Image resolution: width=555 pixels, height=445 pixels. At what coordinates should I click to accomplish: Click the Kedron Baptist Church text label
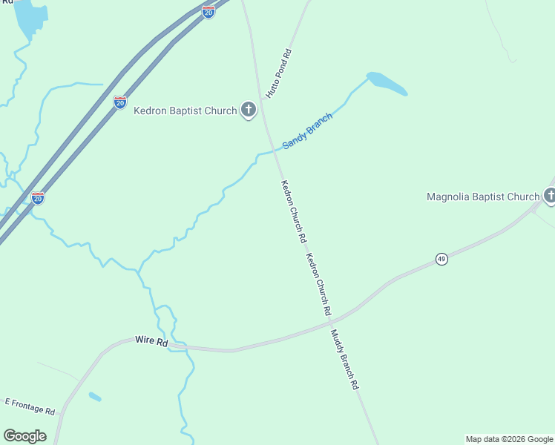tap(185, 111)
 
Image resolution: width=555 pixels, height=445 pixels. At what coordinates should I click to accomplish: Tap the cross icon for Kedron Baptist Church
tap(249, 111)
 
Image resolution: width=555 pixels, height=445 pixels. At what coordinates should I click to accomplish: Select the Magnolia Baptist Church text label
tap(483, 197)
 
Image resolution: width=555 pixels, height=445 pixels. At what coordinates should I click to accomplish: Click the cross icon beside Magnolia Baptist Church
tap(550, 196)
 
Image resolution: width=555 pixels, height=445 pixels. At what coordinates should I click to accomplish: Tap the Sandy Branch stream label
tap(307, 131)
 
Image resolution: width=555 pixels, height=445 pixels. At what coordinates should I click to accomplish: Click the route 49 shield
tap(441, 259)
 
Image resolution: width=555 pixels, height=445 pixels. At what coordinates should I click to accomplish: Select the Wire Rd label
tap(152, 341)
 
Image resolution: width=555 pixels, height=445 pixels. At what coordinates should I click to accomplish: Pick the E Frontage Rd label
tap(30, 406)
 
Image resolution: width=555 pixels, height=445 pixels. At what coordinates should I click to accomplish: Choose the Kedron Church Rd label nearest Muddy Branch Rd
tap(318, 285)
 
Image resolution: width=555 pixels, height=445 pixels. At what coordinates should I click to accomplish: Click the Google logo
tap(25, 436)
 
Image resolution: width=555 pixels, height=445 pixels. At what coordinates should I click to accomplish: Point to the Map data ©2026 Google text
tap(509, 439)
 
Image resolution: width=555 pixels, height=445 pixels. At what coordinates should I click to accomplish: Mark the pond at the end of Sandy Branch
tap(387, 84)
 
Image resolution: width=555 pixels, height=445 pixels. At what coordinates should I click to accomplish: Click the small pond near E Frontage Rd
tap(95, 397)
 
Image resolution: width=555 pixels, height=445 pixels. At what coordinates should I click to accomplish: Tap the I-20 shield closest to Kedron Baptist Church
tap(120, 102)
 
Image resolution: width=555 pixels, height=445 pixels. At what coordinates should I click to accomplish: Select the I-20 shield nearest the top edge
tap(208, 12)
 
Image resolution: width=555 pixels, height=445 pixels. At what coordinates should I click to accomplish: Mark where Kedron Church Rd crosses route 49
tap(328, 320)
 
